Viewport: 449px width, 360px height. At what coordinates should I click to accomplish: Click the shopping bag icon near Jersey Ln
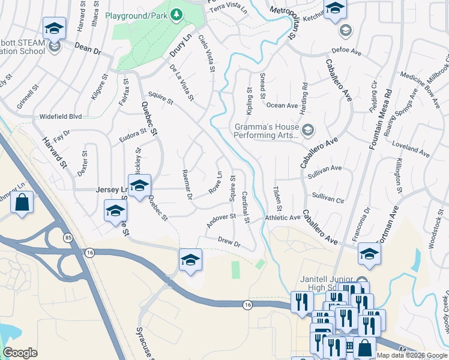tap(22, 202)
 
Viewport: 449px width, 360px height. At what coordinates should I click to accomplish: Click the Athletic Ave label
tap(282, 218)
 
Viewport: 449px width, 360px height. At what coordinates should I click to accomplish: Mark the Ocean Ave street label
tap(282, 106)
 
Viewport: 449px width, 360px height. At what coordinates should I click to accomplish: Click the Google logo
tap(20, 353)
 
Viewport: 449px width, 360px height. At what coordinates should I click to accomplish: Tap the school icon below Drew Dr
tap(190, 260)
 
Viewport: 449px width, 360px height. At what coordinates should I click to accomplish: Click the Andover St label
tap(221, 217)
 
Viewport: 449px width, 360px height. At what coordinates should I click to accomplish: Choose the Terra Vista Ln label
tap(228, 8)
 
